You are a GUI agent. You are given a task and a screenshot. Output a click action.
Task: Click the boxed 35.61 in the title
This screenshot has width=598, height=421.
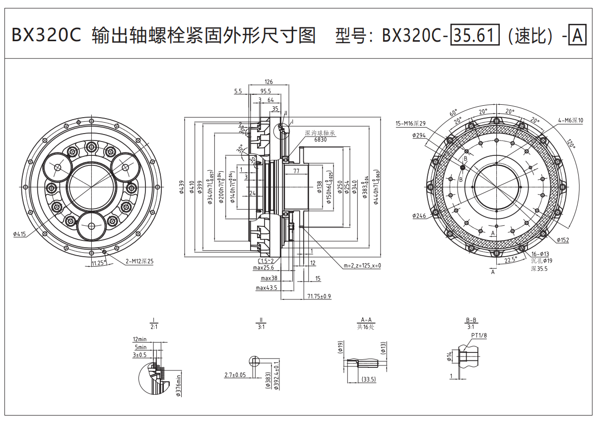[x=474, y=36]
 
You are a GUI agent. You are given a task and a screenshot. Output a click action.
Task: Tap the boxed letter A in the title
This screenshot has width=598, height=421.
[x=577, y=36]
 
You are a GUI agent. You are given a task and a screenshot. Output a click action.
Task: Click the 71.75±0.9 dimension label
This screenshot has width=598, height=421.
[x=319, y=296]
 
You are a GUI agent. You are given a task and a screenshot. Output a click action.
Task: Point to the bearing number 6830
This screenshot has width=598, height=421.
[x=320, y=140]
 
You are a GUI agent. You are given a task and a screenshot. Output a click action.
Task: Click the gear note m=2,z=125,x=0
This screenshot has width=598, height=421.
[x=362, y=266]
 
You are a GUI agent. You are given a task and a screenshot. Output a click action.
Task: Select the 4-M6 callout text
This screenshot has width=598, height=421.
[x=571, y=120]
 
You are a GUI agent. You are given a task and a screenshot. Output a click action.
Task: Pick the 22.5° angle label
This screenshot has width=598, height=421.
[x=511, y=260]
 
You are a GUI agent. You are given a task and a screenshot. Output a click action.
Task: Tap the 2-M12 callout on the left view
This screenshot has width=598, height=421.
[x=139, y=261]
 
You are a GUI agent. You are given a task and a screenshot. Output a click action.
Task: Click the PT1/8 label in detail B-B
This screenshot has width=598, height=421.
[x=479, y=336]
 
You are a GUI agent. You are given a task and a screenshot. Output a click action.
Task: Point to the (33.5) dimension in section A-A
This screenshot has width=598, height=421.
[x=368, y=379]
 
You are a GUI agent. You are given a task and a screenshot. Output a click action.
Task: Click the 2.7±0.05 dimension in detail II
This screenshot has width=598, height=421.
[x=235, y=374]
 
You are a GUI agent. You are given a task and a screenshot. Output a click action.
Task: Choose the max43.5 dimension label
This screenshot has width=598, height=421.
[x=266, y=288]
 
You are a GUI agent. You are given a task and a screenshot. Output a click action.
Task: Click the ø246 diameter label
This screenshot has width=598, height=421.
[x=419, y=216]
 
